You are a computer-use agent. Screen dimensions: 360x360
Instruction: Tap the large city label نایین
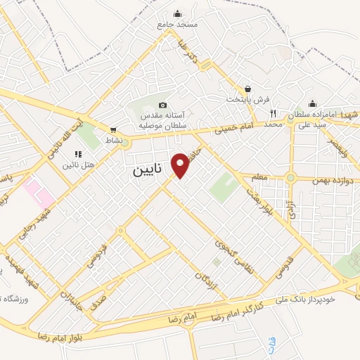150,171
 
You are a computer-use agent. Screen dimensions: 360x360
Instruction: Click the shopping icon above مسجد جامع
176,13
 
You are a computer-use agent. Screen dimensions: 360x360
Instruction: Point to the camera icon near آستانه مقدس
163,105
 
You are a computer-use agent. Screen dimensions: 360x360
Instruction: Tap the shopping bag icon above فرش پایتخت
247,89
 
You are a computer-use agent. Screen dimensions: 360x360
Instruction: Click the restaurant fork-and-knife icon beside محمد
273,113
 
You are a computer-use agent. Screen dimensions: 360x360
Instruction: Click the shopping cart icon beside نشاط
113,130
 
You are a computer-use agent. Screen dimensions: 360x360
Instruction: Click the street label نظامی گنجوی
226,254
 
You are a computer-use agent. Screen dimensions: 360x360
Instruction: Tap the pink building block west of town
34,188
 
